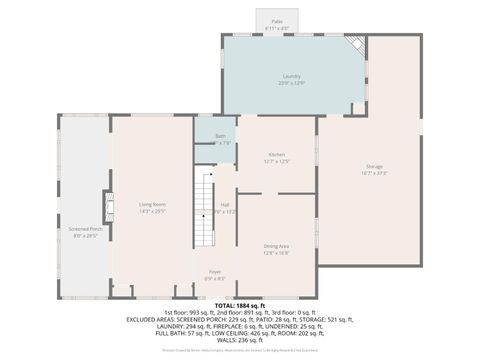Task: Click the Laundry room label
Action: [x=292, y=76]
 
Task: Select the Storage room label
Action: [x=374, y=166]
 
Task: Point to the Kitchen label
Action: [x=277, y=154]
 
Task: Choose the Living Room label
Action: [x=152, y=204]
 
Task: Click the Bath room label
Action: [x=220, y=135]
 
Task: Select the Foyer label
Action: [x=215, y=271]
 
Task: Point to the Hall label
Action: [x=225, y=204]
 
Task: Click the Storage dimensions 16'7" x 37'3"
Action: [x=374, y=173]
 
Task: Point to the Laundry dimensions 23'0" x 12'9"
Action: [x=292, y=83]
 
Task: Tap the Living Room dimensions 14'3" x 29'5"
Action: [x=152, y=211]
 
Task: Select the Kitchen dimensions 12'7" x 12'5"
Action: [x=277, y=161]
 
